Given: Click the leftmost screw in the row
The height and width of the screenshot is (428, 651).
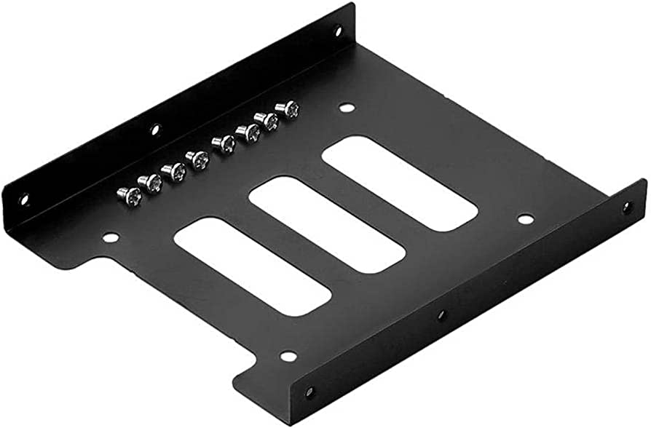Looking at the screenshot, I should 129,194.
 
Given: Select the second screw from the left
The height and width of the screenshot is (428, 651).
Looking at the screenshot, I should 151,183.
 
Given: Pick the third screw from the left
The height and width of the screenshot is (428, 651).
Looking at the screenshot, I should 174,171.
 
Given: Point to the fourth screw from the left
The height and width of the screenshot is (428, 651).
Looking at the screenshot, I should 197,159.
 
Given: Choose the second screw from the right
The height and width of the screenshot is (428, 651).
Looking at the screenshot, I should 269,121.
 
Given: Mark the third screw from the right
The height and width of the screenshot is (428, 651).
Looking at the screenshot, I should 248,132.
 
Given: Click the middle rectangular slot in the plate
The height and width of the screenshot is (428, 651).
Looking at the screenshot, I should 327,223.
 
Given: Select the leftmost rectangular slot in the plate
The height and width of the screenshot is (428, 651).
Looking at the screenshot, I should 253,266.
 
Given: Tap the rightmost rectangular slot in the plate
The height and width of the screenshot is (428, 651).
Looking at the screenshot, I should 399,183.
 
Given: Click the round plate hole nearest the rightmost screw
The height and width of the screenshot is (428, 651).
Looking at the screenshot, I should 347,108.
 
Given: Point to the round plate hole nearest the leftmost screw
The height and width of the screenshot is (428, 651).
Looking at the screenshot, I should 110,237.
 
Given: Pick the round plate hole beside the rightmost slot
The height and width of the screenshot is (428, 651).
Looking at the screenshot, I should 525,219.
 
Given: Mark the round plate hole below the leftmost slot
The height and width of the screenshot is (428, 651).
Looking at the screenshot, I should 288,356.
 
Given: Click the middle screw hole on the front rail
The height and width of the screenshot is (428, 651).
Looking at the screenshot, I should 441,316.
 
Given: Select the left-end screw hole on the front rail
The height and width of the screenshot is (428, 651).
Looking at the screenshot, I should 309,392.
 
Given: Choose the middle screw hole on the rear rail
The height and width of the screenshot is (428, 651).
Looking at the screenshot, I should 154,130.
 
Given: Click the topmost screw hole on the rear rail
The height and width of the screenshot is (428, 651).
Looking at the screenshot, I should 337,31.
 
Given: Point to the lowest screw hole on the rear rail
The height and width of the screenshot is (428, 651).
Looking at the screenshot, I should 23,197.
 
